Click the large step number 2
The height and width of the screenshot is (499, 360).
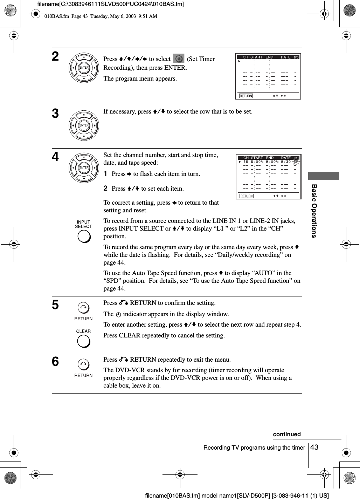pos(55,57)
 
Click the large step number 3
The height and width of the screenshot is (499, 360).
pos(55,114)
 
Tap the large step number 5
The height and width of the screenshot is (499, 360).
pos(55,305)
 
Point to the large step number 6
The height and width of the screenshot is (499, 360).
pos(55,362)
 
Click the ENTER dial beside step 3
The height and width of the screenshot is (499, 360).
pos(84,125)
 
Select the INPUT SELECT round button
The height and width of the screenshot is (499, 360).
pos(84,236)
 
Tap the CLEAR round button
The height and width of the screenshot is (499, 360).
pos(84,341)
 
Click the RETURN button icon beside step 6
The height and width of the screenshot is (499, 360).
pos(83,365)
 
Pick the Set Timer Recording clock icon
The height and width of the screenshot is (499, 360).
pos(179,59)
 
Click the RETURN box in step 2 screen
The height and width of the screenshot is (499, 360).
pos(246,96)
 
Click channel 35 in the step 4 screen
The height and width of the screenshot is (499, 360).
pos(245,162)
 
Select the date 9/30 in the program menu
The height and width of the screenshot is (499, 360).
pos(285,162)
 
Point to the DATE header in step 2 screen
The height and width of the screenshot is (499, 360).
pos(285,57)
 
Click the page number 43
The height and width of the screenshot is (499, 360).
pos(314,447)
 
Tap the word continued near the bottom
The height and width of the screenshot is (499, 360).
pos(287,434)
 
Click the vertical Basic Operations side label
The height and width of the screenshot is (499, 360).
pos(314,211)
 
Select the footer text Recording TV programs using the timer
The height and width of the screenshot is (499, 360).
pos(254,447)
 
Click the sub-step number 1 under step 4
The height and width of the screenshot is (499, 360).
pos(105,173)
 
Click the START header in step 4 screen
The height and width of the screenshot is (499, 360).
pos(257,158)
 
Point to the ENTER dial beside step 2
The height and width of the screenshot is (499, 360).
pos(84,68)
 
